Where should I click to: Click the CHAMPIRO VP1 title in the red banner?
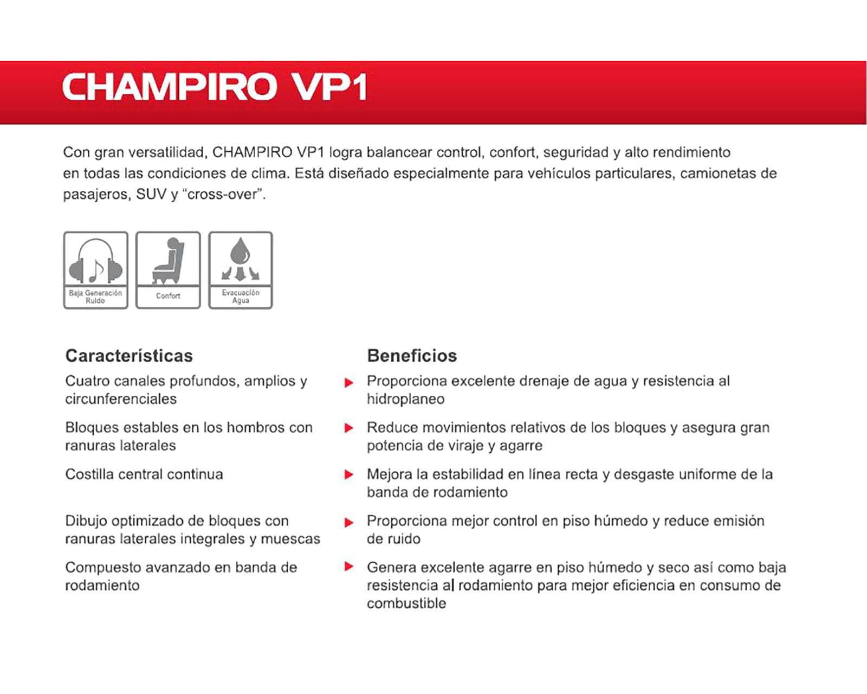point(215,87)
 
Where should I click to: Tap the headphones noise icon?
point(96,261)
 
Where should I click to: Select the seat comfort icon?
point(168,261)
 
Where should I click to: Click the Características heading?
point(129,356)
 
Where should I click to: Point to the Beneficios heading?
point(412,356)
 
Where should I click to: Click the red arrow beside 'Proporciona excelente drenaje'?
point(349,383)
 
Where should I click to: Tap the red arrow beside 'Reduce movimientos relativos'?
point(349,428)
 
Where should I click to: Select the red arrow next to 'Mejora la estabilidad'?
point(349,475)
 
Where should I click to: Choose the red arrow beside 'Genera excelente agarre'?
point(349,567)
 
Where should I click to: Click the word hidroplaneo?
point(405,399)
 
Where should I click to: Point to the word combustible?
point(406,603)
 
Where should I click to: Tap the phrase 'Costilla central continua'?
point(144,474)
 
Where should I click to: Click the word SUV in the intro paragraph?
point(151,194)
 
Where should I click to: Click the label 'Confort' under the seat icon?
point(168,296)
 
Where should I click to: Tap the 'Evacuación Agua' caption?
point(241,296)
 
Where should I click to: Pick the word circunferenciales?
point(121,399)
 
